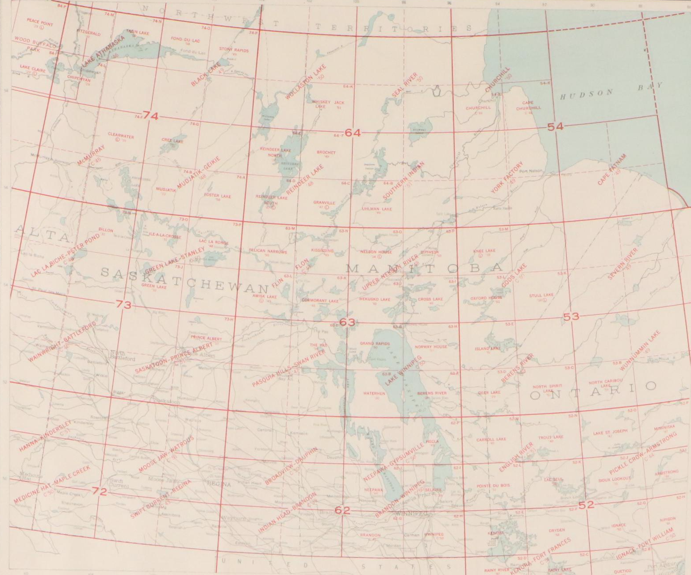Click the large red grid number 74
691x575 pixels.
click(150, 116)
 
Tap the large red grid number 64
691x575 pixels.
click(353, 132)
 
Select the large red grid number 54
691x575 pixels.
click(556, 126)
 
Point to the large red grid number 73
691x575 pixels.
click(123, 304)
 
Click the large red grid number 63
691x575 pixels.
click(347, 322)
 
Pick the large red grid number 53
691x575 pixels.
click(571, 317)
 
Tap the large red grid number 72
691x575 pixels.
click(99, 491)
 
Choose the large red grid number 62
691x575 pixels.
click(342, 510)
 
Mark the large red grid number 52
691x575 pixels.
click(586, 505)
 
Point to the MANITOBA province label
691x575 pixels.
click(424, 268)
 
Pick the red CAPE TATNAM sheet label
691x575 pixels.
click(612, 169)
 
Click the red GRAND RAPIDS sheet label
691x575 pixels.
click(375, 343)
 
